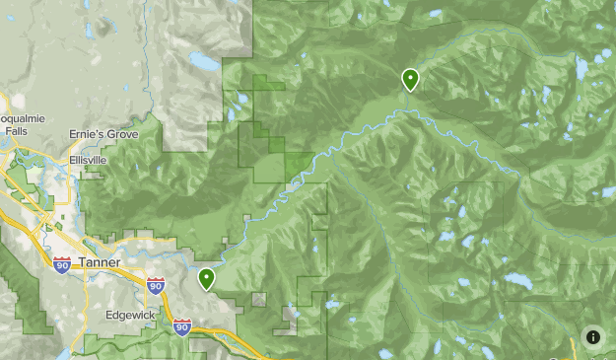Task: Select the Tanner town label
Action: click(100, 262)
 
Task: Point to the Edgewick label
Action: click(132, 316)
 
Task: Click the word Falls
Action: click(15, 129)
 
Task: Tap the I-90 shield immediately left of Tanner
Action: click(62, 266)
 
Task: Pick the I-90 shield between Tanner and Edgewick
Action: click(156, 286)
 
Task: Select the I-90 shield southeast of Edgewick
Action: click(182, 326)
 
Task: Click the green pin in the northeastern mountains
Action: click(410, 79)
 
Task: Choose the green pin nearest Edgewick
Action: click(207, 278)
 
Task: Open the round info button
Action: click(593, 337)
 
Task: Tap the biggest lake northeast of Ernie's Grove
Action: click(206, 62)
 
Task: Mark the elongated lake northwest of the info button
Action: click(519, 282)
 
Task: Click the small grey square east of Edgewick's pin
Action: click(259, 299)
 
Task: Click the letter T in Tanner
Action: click(82, 262)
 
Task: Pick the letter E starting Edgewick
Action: click(109, 316)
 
